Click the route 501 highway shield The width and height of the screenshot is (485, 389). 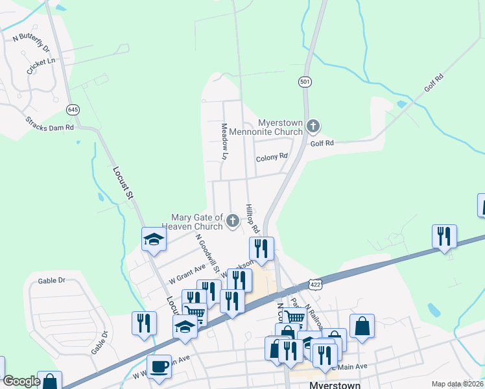click(x=305, y=82)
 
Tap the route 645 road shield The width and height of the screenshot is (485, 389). click(x=73, y=110)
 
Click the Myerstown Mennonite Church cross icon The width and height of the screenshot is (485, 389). click(x=313, y=126)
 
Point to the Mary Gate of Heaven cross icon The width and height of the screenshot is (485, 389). click(x=232, y=222)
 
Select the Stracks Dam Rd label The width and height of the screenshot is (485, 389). click(x=50, y=123)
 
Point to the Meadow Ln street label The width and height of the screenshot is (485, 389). click(x=224, y=141)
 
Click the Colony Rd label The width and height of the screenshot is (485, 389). click(x=272, y=157)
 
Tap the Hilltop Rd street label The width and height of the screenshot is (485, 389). click(x=252, y=219)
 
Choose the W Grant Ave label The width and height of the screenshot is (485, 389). click(x=187, y=274)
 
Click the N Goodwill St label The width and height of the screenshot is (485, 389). click(x=208, y=253)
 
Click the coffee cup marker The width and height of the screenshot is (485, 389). click(x=160, y=367)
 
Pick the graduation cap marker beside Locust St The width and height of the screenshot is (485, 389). click(x=154, y=240)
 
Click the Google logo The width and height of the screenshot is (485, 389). click(x=21, y=381)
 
